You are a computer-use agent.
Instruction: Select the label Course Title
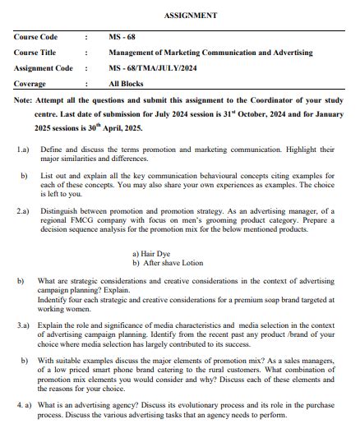coord(35,53)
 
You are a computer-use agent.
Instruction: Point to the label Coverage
coord(30,83)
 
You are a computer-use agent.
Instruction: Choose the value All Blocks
coord(127,83)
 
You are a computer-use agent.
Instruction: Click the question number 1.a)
coord(23,150)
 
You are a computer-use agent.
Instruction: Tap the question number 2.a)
coord(23,210)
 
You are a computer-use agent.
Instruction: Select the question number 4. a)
coord(25,406)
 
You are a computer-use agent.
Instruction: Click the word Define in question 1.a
coord(51,150)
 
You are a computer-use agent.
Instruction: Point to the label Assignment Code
coord(43,68)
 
